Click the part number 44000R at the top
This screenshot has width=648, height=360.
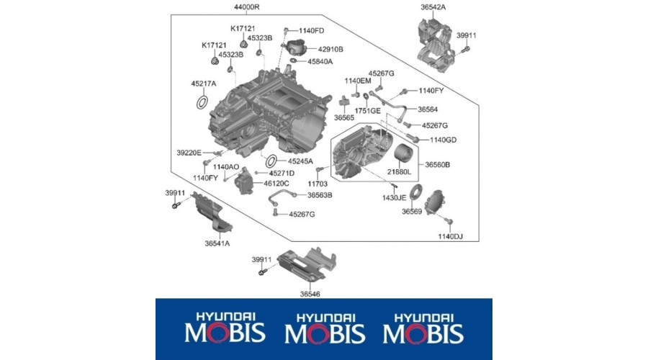247,7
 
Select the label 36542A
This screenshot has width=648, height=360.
433,7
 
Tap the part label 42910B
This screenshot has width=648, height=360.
330,49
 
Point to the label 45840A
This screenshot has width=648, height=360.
320,62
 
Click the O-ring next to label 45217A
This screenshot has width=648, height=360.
202,102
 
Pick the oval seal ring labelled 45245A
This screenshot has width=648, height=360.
271,161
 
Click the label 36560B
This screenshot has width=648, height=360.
438,164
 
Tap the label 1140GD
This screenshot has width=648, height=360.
443,140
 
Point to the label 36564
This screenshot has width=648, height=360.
428,109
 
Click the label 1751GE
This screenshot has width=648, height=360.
367,111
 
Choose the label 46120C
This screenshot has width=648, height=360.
276,183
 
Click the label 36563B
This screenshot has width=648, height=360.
320,195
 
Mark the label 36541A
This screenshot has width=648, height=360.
217,243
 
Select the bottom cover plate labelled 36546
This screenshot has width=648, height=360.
307,263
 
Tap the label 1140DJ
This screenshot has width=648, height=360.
451,236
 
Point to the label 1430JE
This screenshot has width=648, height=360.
395,198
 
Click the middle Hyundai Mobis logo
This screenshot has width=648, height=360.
325,329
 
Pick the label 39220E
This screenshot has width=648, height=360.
189,153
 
